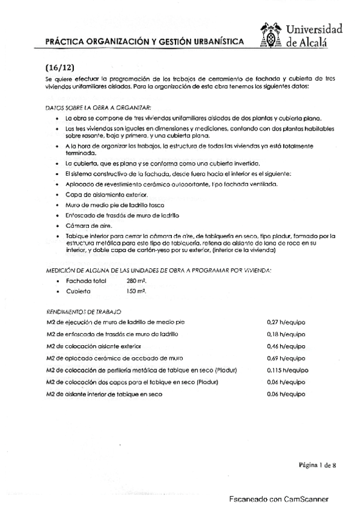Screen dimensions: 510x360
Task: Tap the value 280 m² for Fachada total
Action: [x=137, y=281]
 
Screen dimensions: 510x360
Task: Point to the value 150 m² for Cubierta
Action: [x=136, y=290]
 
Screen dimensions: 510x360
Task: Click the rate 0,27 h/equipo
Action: [x=286, y=323]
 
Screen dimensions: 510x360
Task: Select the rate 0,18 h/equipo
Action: [x=286, y=334]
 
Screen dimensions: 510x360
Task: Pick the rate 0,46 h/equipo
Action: [x=286, y=346]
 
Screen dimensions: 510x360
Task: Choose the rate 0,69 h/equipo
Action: [x=286, y=358]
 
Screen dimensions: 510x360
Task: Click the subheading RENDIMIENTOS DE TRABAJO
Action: [x=84, y=312]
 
